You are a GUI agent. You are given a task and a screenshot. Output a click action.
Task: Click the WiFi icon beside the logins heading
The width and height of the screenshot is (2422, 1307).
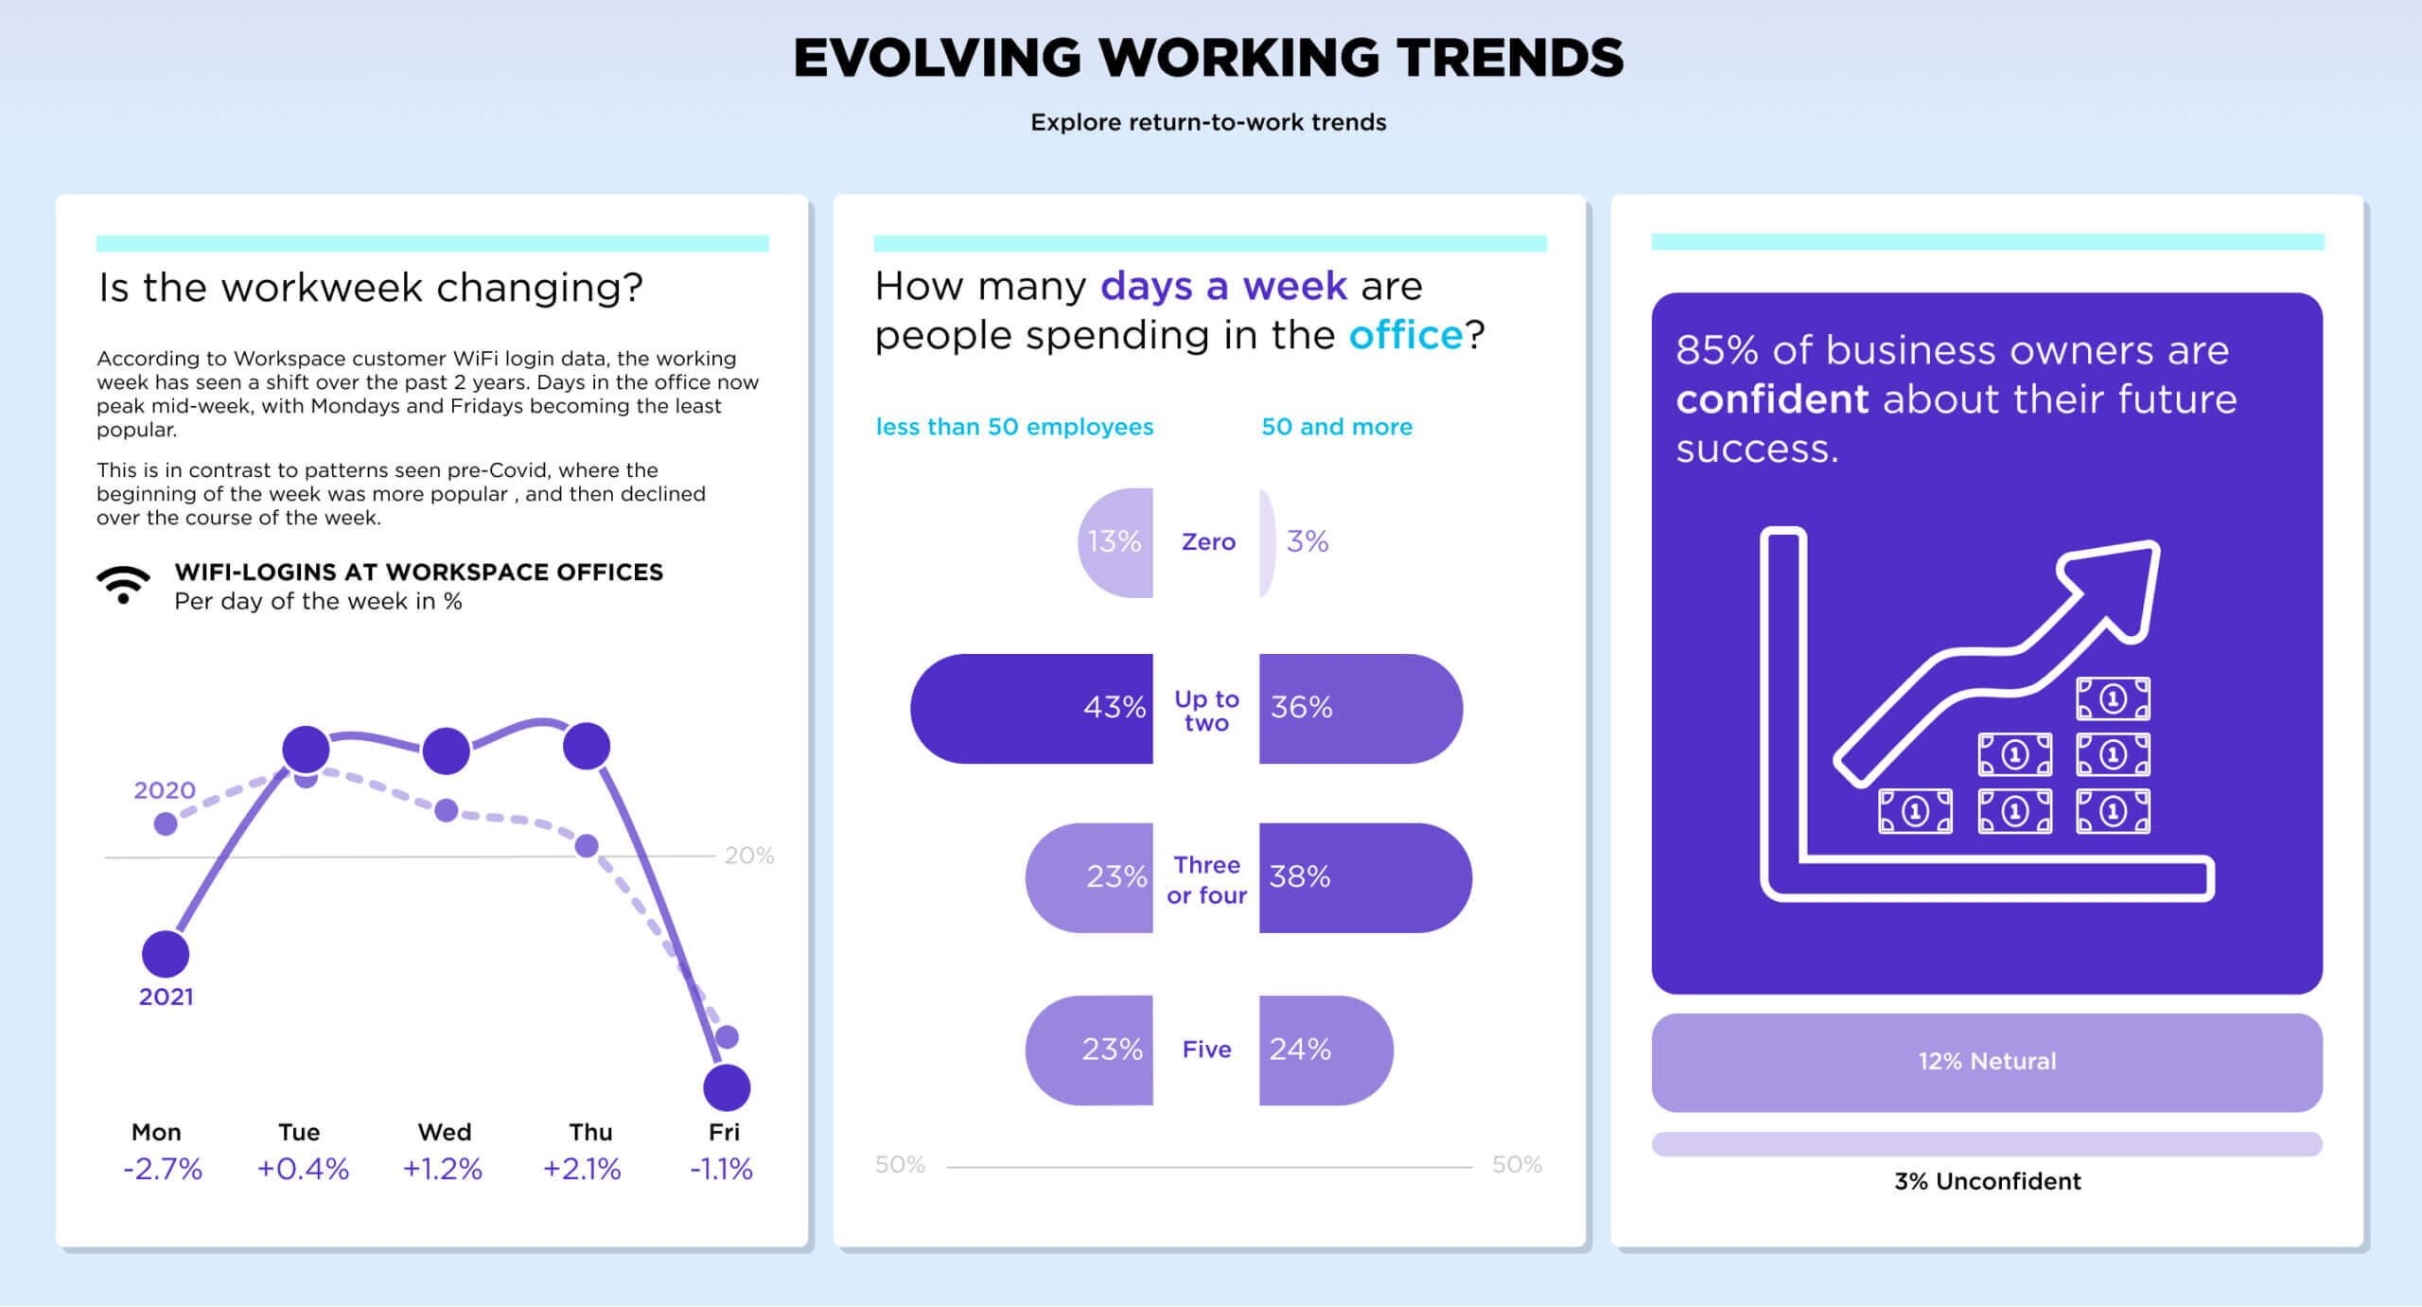123,584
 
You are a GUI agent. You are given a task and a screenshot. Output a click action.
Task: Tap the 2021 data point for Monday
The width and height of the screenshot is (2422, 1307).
166,953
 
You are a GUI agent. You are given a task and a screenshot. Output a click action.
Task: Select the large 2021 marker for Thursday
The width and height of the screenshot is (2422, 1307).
587,746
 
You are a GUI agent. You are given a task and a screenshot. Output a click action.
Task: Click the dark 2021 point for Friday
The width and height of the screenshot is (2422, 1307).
727,1087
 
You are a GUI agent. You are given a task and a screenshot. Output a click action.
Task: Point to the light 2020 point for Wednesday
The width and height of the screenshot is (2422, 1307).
447,810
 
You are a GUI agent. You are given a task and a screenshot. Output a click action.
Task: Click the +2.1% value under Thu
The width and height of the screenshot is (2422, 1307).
582,1169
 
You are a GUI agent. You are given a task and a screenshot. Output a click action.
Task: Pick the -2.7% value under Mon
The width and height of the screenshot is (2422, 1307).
163,1169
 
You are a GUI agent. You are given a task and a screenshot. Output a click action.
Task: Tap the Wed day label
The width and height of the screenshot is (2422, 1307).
445,1132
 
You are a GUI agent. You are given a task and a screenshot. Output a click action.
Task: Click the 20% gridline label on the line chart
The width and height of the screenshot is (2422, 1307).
749,856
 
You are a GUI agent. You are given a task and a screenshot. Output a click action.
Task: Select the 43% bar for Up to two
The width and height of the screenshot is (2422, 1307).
1031,708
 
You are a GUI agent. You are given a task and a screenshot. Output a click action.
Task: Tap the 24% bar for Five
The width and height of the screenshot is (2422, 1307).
1325,1050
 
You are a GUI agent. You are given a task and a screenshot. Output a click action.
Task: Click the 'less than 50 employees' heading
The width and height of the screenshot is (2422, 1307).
1014,427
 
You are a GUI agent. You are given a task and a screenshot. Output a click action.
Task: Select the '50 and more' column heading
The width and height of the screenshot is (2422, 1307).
1337,427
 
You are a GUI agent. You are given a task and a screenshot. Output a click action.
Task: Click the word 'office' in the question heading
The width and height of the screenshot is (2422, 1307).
1406,335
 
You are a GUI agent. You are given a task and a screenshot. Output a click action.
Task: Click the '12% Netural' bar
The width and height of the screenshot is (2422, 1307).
1987,1062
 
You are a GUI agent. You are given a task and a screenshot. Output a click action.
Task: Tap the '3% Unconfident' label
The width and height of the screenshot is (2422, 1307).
1987,1181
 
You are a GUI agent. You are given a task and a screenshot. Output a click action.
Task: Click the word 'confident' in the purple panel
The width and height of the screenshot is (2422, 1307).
1772,399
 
